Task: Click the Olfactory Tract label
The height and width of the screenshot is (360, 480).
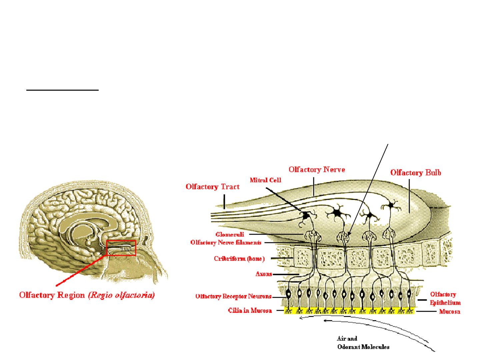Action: coord(212,187)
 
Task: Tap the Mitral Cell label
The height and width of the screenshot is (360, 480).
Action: coord(266,180)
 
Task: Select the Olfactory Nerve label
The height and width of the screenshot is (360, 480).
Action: coord(317,170)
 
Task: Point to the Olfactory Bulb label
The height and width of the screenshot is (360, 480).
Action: coord(416,173)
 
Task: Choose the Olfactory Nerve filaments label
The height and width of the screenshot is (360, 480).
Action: coord(226,242)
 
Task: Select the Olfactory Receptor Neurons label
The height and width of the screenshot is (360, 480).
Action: coord(233,296)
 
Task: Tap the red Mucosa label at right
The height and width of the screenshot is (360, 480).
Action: coord(449,312)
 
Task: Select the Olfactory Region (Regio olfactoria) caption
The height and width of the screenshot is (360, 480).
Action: coord(87,296)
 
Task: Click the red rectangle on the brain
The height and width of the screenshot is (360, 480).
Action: coord(121,248)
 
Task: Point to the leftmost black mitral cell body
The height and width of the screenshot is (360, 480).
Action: coord(305,216)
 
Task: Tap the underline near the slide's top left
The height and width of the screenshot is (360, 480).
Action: coord(63,90)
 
